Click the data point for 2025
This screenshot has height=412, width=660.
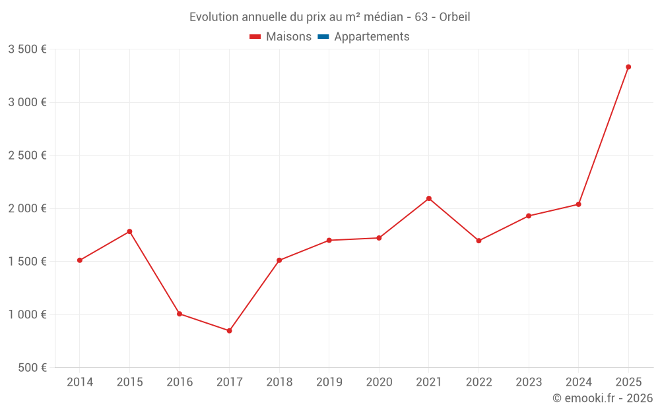pyautogui.click(x=628, y=67)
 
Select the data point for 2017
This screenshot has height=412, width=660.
pyautogui.click(x=229, y=330)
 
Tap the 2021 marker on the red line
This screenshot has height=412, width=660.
pyautogui.click(x=429, y=198)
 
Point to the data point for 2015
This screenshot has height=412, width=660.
pyautogui.click(x=129, y=231)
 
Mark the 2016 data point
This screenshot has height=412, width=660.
pyautogui.click(x=180, y=314)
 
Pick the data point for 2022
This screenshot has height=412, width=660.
pyautogui.click(x=478, y=241)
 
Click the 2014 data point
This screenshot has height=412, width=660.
pyautogui.click(x=80, y=260)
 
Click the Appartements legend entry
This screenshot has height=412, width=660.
pyautogui.click(x=372, y=37)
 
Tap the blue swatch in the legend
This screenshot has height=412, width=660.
pyautogui.click(x=323, y=37)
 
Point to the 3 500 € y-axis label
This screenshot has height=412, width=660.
pyautogui.click(x=27, y=49)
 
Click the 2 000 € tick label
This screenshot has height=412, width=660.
pyautogui.click(x=27, y=208)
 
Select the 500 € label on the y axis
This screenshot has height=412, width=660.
pyautogui.click(x=31, y=368)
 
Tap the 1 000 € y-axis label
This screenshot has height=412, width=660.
pyautogui.click(x=27, y=314)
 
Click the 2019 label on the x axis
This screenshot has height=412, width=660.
pyautogui.click(x=329, y=382)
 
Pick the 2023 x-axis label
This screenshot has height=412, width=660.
pyautogui.click(x=529, y=382)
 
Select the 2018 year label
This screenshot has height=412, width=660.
pyautogui.click(x=279, y=382)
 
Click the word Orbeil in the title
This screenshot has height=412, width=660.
pyautogui.click(x=454, y=17)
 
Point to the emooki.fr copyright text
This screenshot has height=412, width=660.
pyautogui.click(x=603, y=398)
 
